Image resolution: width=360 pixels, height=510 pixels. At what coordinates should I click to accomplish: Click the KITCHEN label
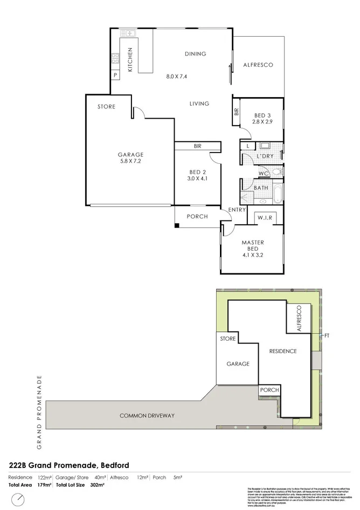(130, 59)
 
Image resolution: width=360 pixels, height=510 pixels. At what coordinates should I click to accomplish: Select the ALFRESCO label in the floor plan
(258, 65)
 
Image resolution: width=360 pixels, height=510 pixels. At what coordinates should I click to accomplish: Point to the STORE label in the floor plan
(106, 107)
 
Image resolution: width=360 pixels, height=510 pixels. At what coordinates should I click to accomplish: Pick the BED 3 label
(263, 115)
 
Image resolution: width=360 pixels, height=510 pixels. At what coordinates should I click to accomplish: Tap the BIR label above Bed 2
(197, 146)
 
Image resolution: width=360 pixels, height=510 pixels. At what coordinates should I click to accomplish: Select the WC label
(264, 173)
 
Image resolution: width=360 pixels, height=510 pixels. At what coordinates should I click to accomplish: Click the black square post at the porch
(177, 224)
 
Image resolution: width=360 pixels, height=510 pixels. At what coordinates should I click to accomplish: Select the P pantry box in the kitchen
(115, 74)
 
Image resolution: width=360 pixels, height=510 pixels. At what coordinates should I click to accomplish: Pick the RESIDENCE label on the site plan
(283, 352)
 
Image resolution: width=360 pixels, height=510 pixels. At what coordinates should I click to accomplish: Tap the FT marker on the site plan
(326, 335)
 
